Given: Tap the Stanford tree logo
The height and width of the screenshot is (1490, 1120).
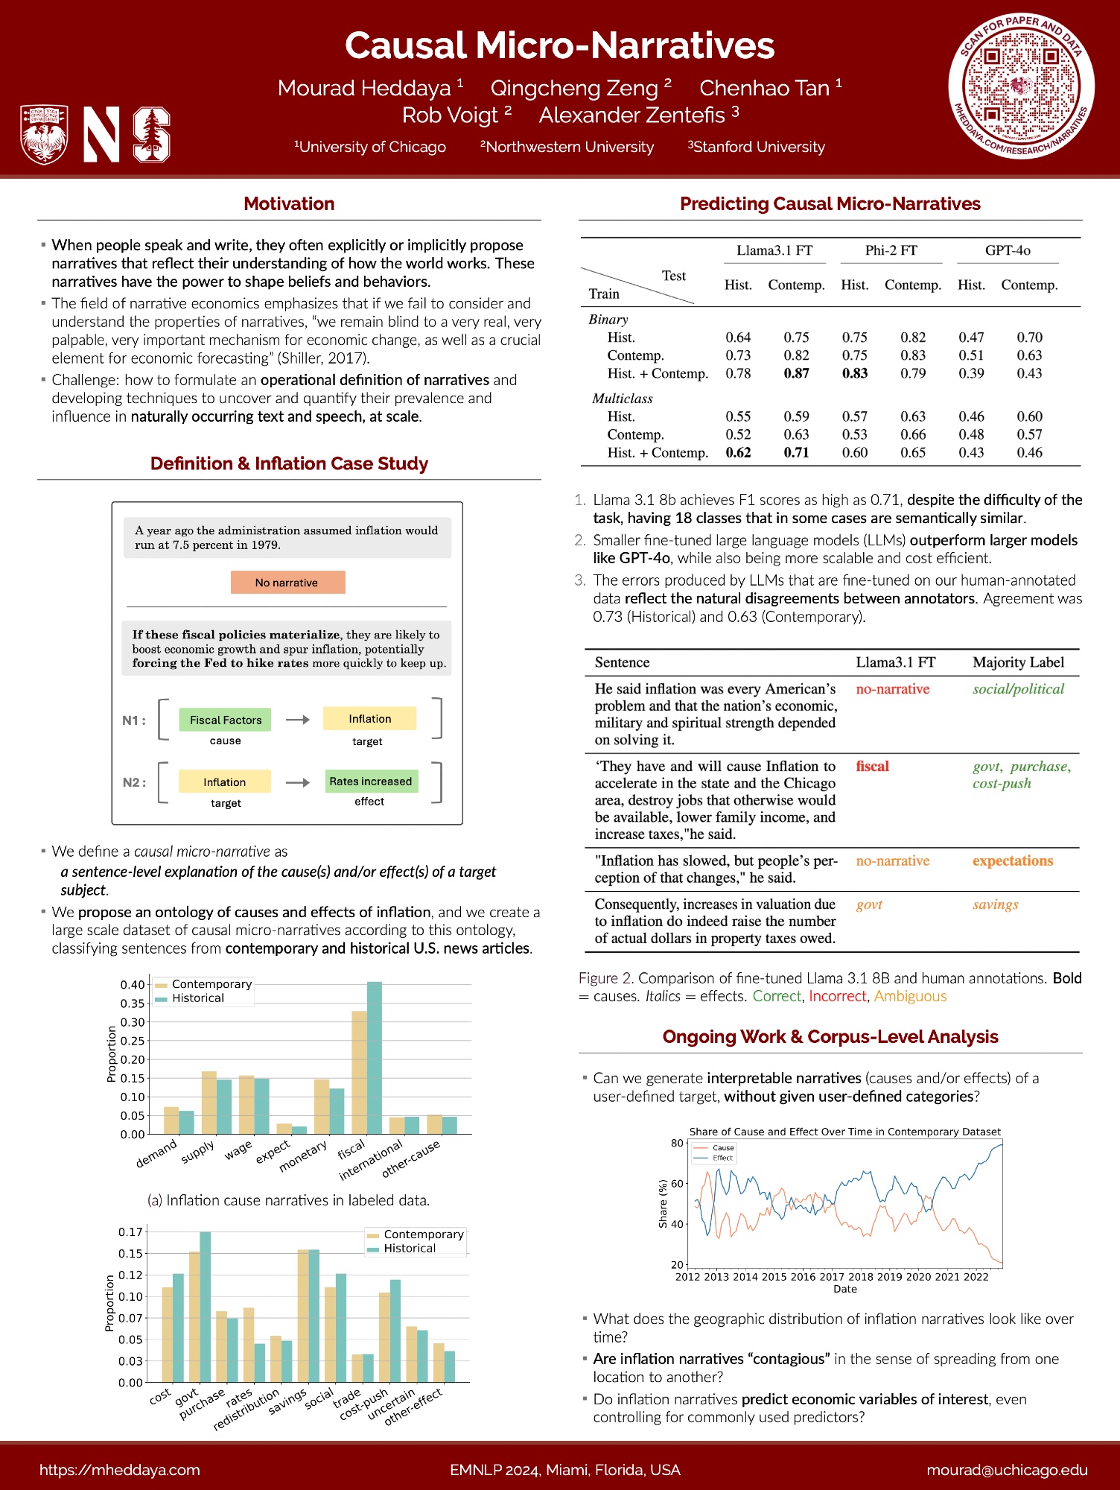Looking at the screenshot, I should [152, 135].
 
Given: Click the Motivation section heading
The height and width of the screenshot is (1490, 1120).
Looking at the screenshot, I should [289, 204].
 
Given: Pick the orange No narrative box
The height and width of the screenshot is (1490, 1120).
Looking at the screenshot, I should [287, 583].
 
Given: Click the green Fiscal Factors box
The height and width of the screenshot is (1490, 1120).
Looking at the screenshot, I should [225, 720].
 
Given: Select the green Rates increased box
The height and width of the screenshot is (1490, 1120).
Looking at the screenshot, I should [370, 782].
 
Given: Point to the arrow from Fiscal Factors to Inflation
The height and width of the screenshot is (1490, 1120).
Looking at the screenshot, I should [297, 720].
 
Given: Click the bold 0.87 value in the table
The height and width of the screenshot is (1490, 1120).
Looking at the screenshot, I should [796, 373].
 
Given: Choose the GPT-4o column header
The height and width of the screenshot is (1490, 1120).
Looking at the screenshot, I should [1008, 250].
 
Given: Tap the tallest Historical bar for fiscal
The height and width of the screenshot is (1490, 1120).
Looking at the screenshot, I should [374, 1058].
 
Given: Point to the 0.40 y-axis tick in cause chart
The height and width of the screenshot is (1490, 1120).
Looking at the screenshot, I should [133, 985].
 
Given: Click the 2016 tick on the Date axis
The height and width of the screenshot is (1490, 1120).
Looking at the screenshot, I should [803, 1277].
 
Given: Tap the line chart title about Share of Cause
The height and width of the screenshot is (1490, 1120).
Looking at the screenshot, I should [844, 1132].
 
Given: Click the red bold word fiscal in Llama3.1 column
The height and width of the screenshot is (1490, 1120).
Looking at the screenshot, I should [872, 767].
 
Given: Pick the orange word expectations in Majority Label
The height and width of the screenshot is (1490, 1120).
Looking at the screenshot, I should [1012, 861].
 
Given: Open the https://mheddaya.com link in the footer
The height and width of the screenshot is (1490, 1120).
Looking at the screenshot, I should [120, 1470].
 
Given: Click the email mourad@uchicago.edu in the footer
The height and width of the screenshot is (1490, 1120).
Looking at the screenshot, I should [1007, 1470].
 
